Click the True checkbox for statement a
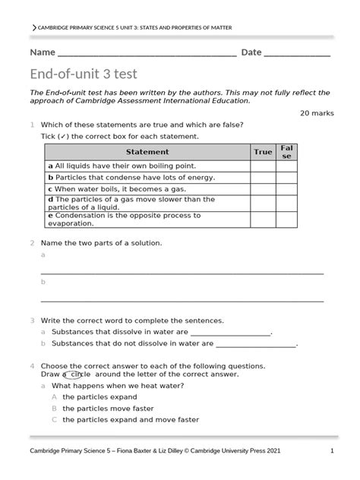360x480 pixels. (262, 166)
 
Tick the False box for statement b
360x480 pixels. (286, 177)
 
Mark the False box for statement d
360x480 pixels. (286, 203)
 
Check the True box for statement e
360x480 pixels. (262, 219)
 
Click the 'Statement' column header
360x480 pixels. (147, 152)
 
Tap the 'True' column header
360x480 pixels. (262, 152)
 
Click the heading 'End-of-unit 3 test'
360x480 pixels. (84, 74)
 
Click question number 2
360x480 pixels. (32, 243)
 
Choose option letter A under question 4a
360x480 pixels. (54, 396)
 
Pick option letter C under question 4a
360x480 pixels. (54, 419)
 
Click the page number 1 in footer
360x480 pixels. (332, 450)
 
